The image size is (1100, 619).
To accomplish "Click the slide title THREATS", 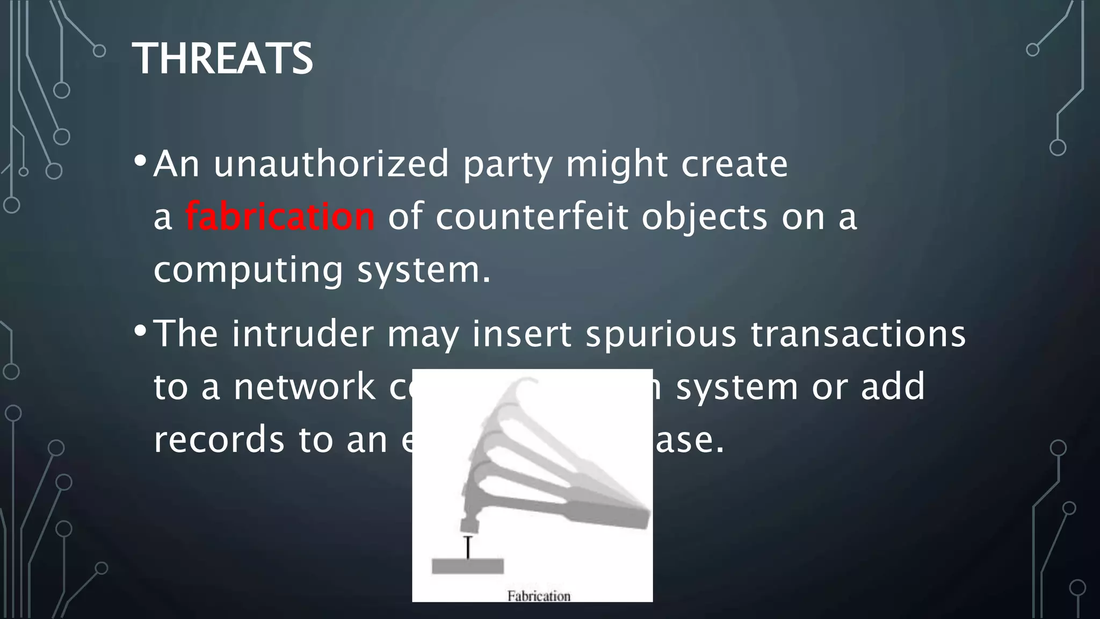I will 222,59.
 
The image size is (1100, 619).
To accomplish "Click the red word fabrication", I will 280,217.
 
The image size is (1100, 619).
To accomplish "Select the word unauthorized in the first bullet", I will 331,164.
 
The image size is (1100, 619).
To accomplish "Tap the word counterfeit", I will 532,217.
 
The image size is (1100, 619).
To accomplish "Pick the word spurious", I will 661,334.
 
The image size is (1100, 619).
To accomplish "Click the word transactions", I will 858,334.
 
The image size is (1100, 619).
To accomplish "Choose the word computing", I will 248,270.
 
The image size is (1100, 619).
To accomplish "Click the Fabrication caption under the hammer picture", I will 539,596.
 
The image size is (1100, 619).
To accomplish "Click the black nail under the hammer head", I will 468,547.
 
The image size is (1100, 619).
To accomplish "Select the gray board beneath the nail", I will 467,566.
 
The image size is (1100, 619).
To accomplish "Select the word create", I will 734,164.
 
